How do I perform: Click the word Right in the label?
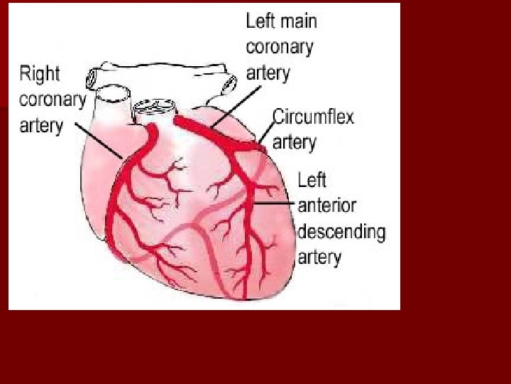[x=40, y=73]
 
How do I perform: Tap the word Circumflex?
[x=313, y=117]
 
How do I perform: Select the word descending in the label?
[x=341, y=231]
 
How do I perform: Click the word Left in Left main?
[x=260, y=21]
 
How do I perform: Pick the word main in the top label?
[x=298, y=21]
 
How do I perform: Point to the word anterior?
[x=326, y=206]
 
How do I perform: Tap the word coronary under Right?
[x=53, y=99]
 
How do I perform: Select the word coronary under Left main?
[x=279, y=47]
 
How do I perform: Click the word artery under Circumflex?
[x=294, y=142]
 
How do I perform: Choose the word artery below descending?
[x=319, y=257]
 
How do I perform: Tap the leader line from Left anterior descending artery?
[x=275, y=203]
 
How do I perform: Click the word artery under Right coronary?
[x=41, y=125]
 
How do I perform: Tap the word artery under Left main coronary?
[x=268, y=73]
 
